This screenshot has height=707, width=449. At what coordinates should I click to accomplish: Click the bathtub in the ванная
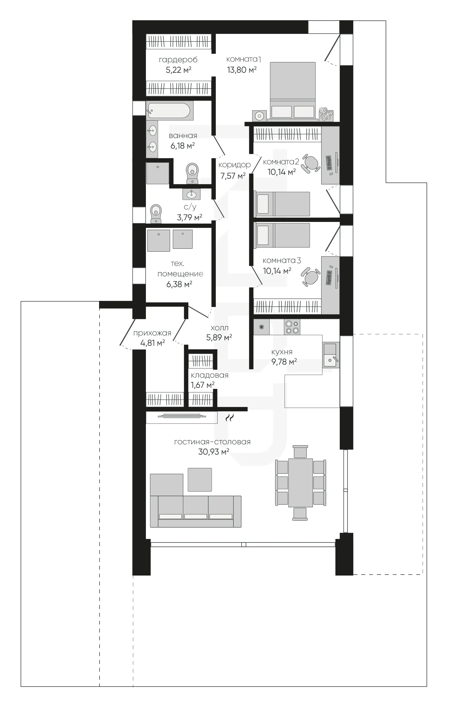169,111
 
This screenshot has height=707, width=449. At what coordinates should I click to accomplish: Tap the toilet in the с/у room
156,214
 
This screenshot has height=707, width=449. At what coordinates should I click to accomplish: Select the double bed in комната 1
293,91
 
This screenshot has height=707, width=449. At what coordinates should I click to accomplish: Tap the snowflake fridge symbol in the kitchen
261,327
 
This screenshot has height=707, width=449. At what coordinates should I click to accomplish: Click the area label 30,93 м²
213,452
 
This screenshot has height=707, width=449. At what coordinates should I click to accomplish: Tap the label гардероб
178,60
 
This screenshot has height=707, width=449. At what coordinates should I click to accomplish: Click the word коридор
235,165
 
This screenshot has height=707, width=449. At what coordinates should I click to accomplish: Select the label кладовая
209,375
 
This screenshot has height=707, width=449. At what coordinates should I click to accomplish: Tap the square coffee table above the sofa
200,480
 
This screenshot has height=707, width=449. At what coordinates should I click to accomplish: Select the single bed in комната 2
283,204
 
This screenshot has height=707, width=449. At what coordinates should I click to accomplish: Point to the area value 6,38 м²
179,284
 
